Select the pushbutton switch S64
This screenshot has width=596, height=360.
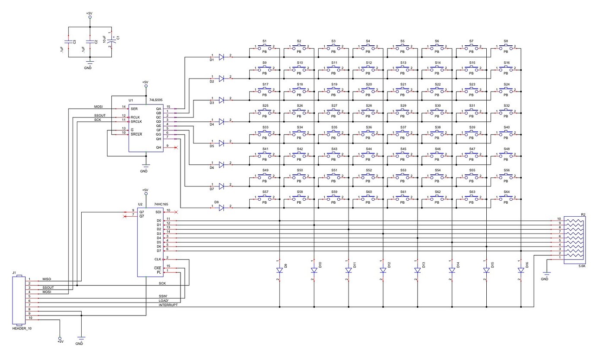(x=506, y=199)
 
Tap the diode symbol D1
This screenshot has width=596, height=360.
(x=221, y=57)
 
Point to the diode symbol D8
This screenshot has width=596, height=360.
(x=221, y=208)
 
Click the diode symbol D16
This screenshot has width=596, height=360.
(x=521, y=270)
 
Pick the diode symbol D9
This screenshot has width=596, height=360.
(x=279, y=270)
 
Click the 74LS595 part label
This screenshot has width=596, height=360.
(x=155, y=100)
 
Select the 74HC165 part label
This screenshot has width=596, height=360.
(x=161, y=203)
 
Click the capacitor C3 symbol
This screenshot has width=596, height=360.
(x=68, y=42)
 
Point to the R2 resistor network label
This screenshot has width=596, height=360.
(x=583, y=215)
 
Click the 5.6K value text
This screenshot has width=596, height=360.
(x=581, y=266)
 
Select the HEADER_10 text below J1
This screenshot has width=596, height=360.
(x=22, y=328)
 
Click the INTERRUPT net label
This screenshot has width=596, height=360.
(x=168, y=305)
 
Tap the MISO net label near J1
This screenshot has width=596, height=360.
(x=47, y=279)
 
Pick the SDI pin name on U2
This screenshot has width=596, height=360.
(x=158, y=212)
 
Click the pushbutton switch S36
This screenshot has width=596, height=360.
(x=368, y=134)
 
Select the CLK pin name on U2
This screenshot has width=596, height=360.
(x=158, y=259)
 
